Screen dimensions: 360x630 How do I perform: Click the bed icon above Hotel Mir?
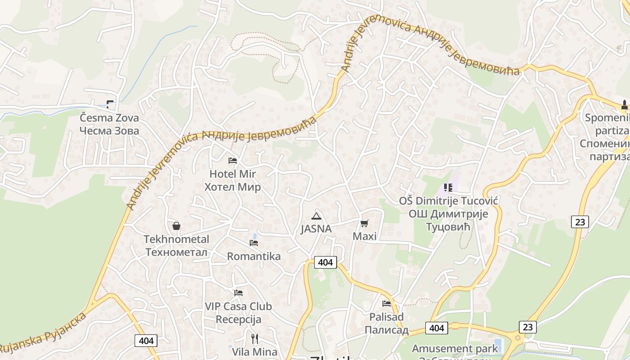point(233,160)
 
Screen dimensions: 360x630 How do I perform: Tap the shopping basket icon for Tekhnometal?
point(176,226)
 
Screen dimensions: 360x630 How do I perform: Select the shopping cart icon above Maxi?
point(364,223)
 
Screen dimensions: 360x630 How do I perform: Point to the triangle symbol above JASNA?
point(316,216)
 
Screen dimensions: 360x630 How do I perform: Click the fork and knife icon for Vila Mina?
point(255,338)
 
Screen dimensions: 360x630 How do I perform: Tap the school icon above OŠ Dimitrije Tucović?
point(448,187)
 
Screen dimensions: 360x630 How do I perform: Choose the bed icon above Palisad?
point(387,303)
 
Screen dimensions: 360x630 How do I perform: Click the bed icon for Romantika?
point(254,243)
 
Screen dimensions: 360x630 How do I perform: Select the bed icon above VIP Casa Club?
point(238,292)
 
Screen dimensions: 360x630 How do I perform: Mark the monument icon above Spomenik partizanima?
point(624,105)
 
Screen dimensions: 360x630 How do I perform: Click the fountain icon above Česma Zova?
point(110,104)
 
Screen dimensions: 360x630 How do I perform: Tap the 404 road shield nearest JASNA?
point(325,262)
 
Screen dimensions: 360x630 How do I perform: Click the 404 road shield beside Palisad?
point(436,328)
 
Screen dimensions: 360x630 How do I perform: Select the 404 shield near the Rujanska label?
point(146,341)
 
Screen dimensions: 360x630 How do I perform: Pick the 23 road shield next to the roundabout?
point(528,327)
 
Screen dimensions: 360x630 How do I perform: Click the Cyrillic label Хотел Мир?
point(233,187)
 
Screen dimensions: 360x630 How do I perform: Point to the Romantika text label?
point(254,256)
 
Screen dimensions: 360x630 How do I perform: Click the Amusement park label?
point(455,348)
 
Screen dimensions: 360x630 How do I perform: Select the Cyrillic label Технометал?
point(176,252)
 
